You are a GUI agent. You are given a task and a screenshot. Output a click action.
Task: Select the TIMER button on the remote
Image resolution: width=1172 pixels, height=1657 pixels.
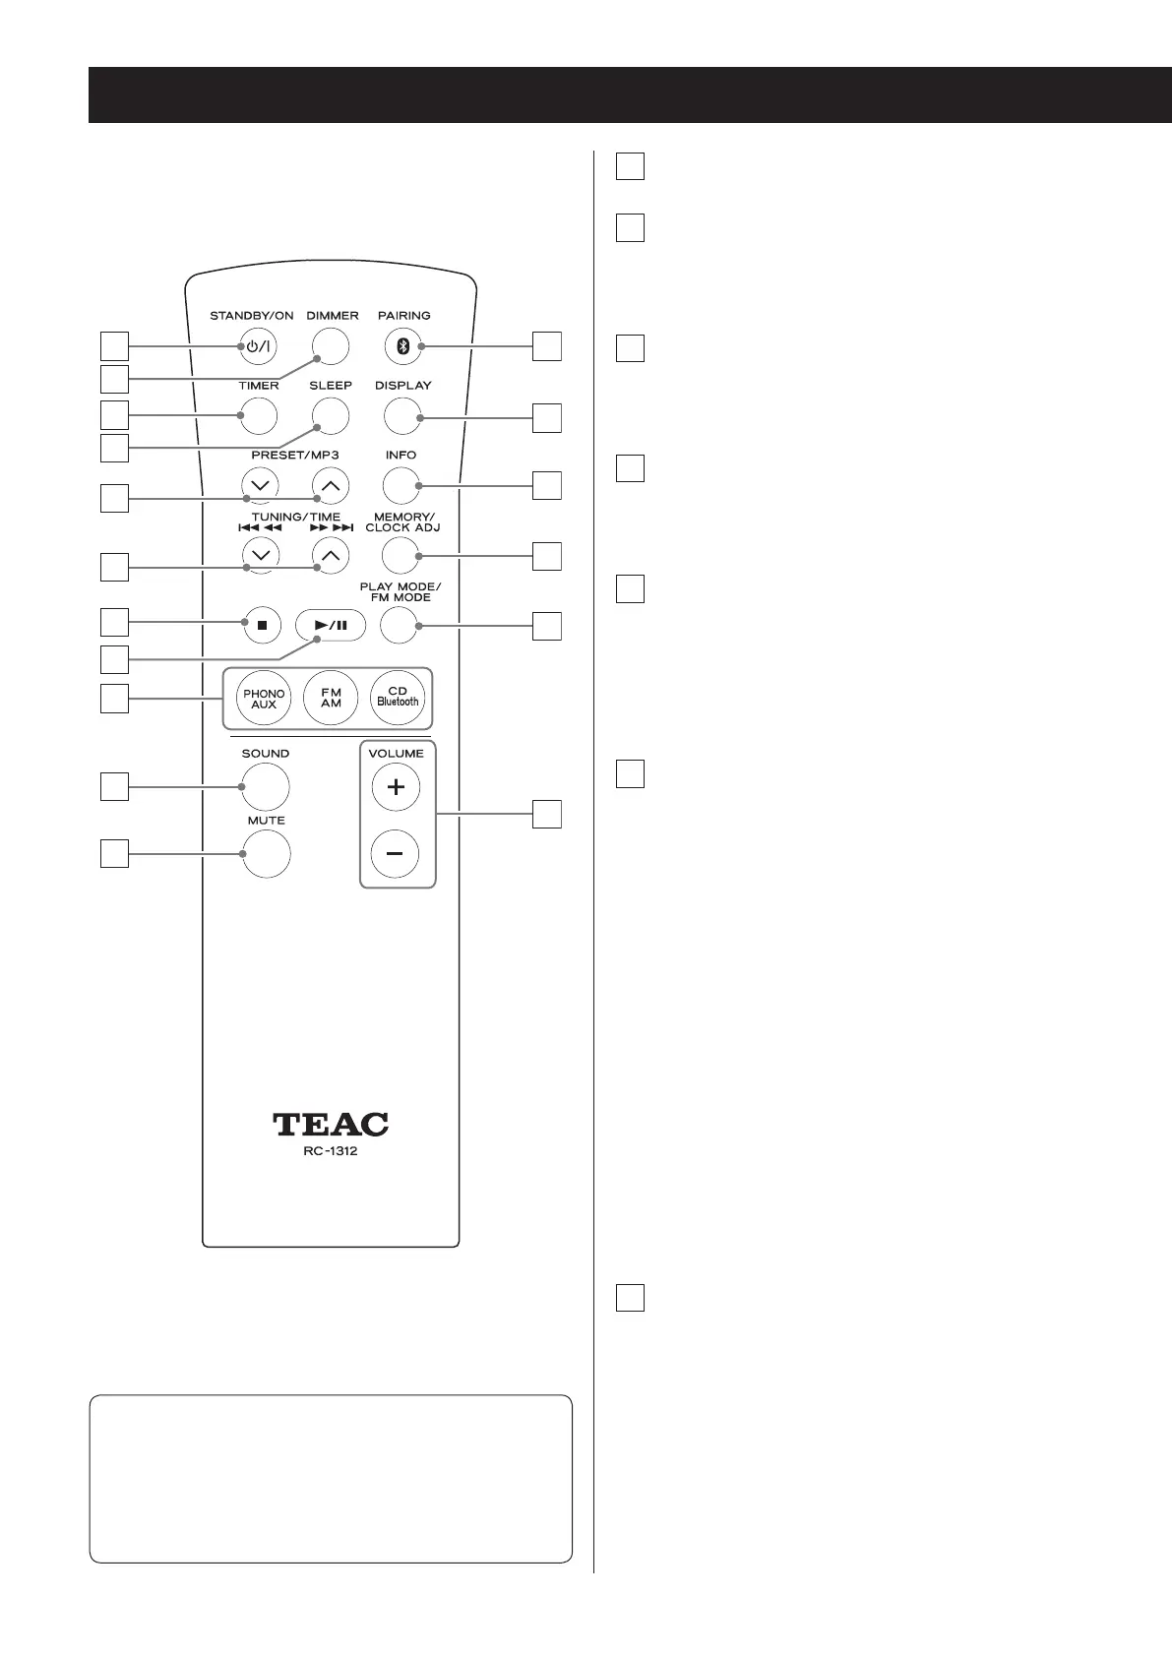[258, 415]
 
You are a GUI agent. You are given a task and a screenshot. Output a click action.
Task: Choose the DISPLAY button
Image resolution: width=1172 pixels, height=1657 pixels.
[401, 415]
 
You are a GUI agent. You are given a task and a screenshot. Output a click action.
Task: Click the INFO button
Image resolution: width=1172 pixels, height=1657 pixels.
[401, 484]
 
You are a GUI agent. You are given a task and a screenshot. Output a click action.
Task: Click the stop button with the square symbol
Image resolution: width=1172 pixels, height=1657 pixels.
[261, 625]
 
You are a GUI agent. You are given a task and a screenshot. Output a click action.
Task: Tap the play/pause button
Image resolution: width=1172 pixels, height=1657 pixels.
[330, 625]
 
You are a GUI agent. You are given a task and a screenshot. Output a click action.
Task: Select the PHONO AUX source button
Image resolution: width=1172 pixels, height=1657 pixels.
[264, 700]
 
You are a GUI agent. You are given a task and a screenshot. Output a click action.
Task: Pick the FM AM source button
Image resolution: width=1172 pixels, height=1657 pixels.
[331, 700]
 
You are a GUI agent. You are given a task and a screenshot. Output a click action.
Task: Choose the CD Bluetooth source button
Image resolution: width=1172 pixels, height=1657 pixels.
[398, 700]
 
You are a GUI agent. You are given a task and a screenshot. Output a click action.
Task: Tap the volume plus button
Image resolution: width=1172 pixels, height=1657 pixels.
[396, 787]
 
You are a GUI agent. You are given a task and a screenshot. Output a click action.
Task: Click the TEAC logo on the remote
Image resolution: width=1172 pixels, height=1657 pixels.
[331, 1124]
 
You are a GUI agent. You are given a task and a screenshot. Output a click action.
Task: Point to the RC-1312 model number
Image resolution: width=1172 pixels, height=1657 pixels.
[331, 1151]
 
